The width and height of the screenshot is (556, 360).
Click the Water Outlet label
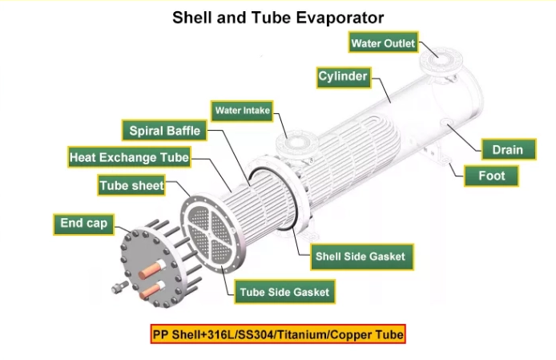(x=383, y=42)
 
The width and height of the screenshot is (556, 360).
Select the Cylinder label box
(x=344, y=77)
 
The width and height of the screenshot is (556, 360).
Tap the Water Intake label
(x=242, y=111)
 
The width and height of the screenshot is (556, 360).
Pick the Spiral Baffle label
(x=164, y=131)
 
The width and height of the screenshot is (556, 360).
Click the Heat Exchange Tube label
(x=129, y=157)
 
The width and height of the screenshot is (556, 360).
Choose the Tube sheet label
(x=131, y=185)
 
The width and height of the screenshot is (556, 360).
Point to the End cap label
(x=83, y=224)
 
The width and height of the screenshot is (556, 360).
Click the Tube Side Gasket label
(x=284, y=292)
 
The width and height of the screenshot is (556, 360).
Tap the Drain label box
(x=509, y=149)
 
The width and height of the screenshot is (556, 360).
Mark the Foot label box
(x=491, y=176)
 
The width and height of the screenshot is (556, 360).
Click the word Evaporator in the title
(x=340, y=18)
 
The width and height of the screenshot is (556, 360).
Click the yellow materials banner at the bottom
(x=278, y=334)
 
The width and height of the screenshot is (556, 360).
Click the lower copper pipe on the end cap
(x=151, y=291)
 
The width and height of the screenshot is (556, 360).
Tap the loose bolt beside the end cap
(x=120, y=287)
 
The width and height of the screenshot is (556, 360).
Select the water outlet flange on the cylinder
(x=441, y=60)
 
